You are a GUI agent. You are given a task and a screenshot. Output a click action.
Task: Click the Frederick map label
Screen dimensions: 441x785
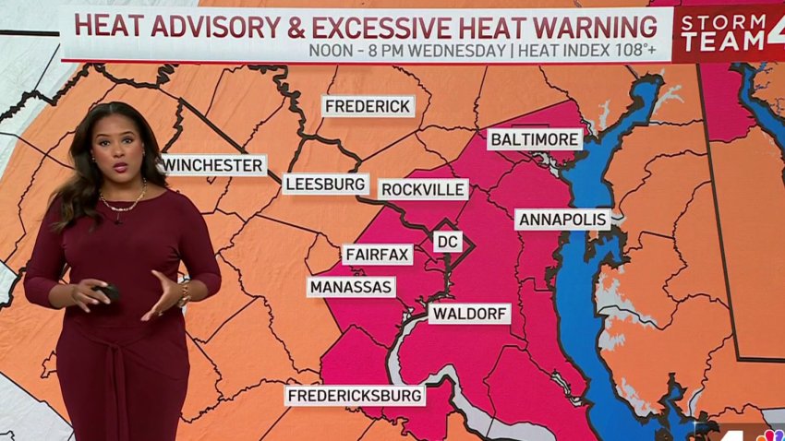click(x=368, y=106)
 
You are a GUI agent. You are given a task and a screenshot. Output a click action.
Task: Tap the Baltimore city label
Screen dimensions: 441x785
click(x=536, y=139)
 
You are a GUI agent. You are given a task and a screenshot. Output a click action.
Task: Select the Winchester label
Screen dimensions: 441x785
click(x=213, y=165)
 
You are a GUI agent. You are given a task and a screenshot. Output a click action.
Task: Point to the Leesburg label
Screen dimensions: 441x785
click(x=325, y=184)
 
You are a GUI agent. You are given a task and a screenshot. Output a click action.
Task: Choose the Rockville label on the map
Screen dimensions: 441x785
click(x=424, y=189)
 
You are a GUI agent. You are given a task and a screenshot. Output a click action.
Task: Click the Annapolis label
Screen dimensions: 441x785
click(x=562, y=220)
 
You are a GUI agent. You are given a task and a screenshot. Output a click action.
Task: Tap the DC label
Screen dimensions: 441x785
click(x=447, y=242)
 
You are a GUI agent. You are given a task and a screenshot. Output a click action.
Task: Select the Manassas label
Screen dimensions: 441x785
click(x=351, y=287)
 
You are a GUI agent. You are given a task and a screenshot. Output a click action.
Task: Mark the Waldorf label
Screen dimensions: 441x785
click(x=469, y=314)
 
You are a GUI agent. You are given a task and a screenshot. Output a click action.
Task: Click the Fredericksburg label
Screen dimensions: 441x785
click(x=356, y=396)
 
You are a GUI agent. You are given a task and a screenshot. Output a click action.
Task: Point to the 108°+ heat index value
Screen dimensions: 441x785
click(x=633, y=50)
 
